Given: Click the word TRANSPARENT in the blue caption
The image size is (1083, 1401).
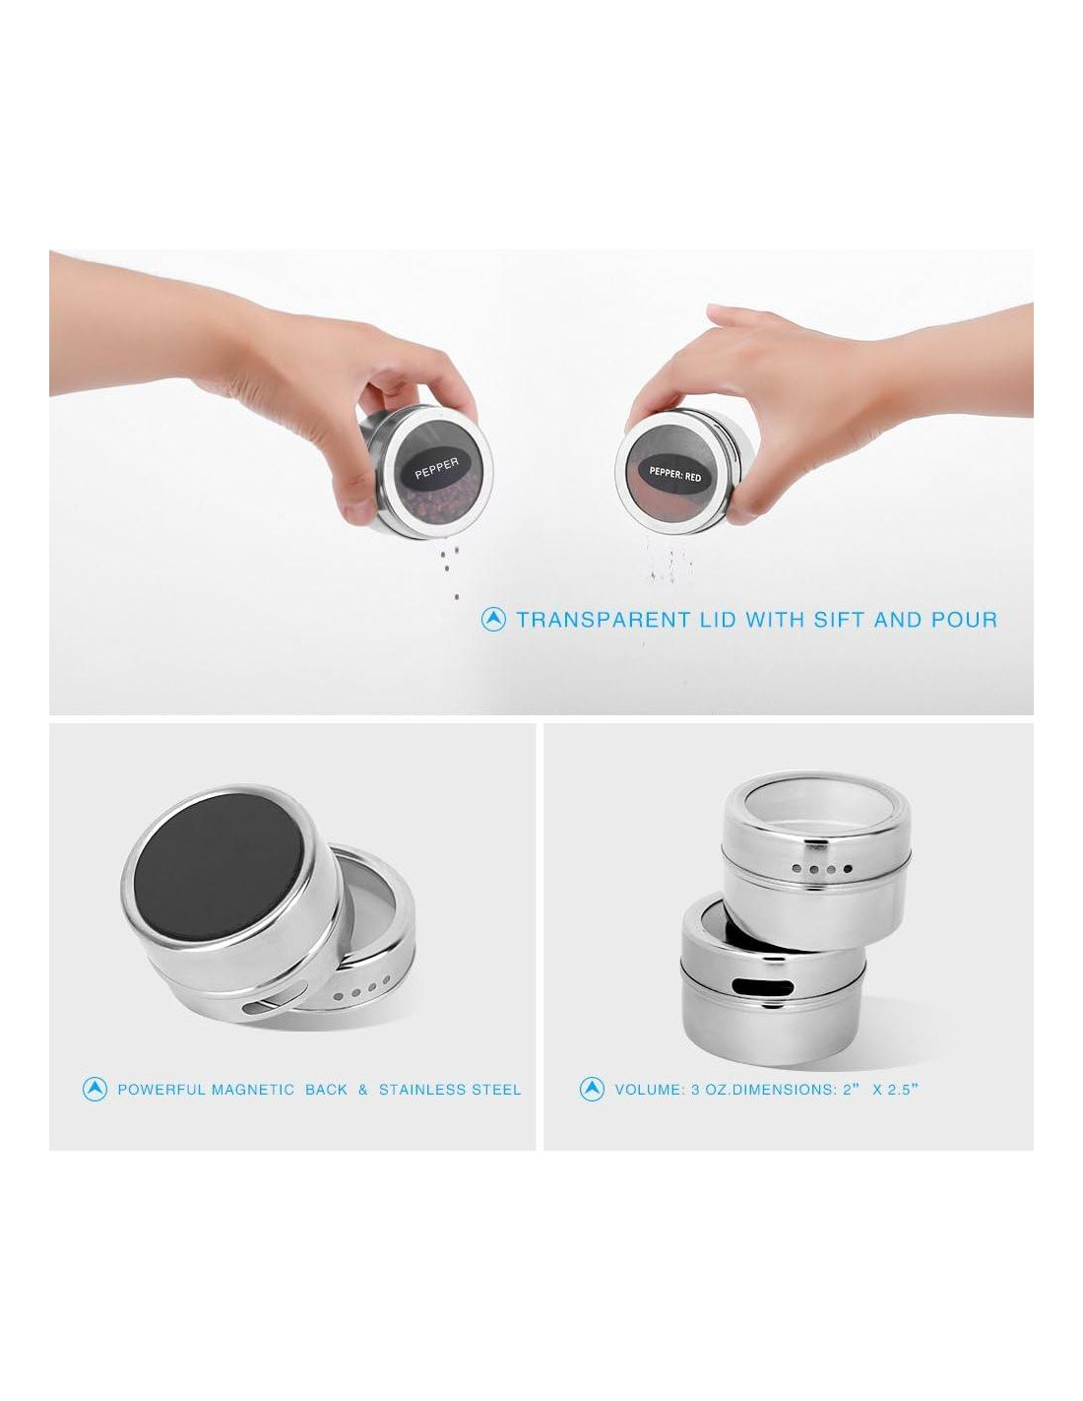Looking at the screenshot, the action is coord(603,620).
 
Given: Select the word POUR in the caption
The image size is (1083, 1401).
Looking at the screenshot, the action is coord(964,620).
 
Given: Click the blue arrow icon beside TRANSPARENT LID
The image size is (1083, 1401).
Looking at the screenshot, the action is coord(493,620).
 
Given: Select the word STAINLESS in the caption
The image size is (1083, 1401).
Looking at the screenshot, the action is coord(422,1090).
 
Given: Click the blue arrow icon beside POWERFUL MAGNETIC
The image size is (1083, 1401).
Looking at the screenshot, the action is coord(95,1089).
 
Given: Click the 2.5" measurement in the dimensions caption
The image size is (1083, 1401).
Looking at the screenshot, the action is coord(903,1089).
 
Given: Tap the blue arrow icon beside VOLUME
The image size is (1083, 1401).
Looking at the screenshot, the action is coord(592,1089).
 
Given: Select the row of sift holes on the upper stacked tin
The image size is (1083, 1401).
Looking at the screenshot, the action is coord(822,869).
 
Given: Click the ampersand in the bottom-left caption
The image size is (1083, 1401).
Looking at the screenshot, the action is coord(362,1090).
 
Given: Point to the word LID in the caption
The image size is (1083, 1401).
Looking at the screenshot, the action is coord(718,620).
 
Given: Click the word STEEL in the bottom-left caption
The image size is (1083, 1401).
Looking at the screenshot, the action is coord(496,1090).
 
